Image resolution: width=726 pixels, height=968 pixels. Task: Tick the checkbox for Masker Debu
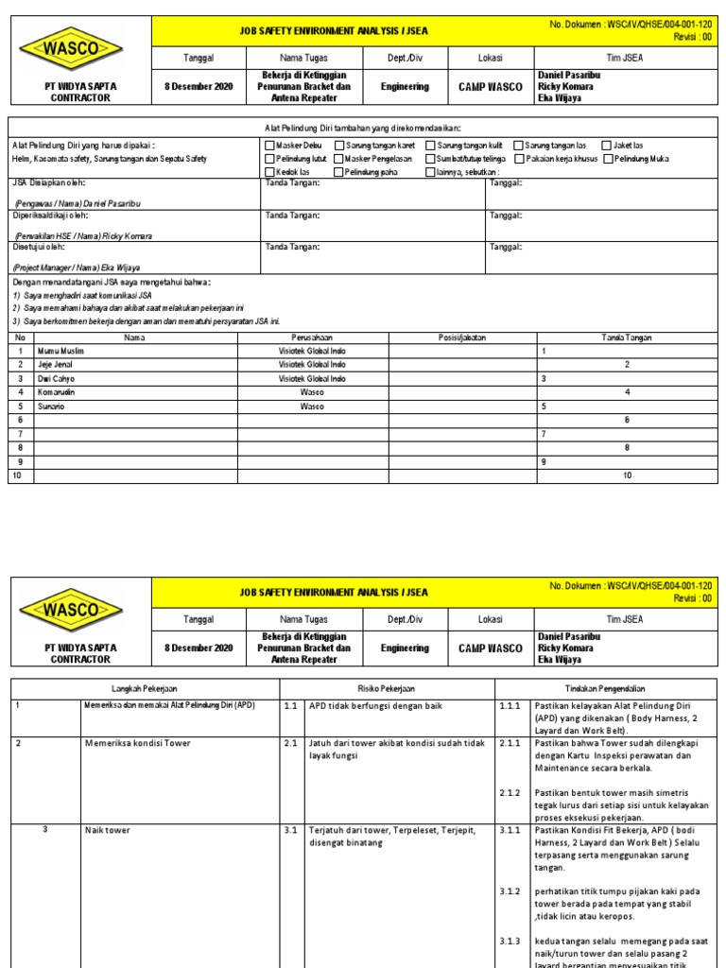click(x=270, y=146)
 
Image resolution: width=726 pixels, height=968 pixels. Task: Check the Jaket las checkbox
click(x=607, y=146)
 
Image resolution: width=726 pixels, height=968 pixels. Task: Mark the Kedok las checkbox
click(x=270, y=172)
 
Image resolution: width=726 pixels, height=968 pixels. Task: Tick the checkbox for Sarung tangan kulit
click(x=431, y=146)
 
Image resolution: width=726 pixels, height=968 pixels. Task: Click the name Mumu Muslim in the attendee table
click(x=60, y=351)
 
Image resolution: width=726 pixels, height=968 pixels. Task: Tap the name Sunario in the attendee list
click(x=53, y=406)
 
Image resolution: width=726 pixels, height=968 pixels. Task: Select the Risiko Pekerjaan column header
click(x=386, y=688)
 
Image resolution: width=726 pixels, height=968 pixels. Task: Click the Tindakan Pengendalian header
click(x=605, y=688)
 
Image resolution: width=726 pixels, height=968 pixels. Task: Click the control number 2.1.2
click(x=511, y=793)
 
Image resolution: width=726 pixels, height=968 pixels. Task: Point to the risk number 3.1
click(x=291, y=831)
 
